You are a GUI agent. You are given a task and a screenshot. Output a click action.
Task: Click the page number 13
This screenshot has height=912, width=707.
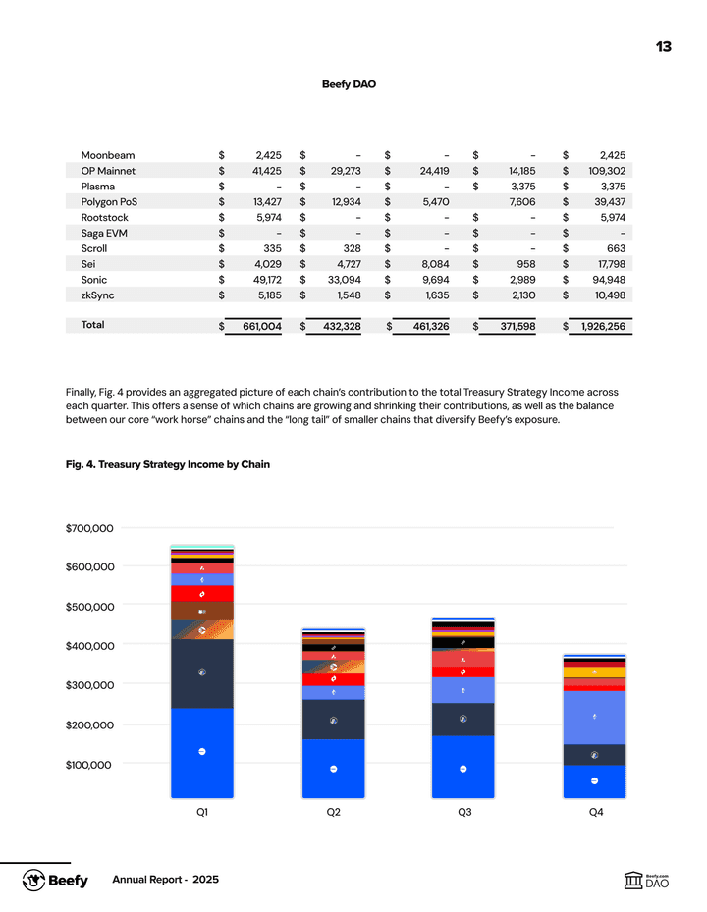664,47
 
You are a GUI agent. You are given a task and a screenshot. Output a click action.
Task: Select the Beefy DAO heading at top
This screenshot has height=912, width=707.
349,84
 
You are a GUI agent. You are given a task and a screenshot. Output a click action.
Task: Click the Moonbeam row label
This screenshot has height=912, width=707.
108,155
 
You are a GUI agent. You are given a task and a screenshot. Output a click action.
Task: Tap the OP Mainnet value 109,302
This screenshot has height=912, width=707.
604,171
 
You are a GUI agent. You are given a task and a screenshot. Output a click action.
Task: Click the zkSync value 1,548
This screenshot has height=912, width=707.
346,295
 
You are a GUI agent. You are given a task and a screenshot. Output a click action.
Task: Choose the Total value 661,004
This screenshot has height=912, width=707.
255,326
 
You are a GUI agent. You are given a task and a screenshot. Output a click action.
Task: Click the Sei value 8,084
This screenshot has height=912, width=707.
433,264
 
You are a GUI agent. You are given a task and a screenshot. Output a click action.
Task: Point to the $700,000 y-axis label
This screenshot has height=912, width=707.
89,528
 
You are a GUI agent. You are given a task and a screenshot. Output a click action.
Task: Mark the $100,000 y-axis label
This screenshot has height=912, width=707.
89,765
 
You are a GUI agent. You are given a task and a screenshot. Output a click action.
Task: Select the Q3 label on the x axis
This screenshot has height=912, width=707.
463,814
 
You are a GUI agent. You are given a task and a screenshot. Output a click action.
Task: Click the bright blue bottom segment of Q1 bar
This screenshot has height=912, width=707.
201,752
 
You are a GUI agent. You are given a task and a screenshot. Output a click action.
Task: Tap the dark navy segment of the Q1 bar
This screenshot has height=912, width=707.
201,673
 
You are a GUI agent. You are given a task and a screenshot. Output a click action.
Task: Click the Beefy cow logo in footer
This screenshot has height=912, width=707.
36,880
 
